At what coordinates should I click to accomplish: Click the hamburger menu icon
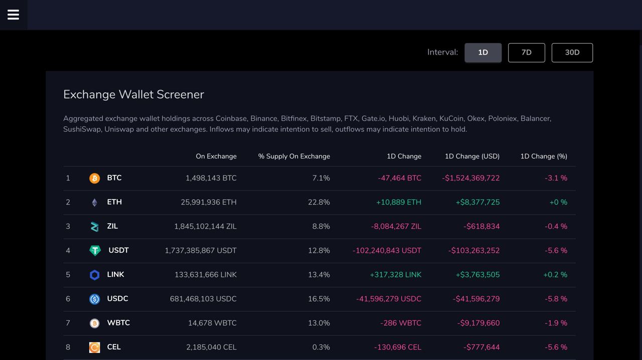[14, 15]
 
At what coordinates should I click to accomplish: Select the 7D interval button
[526, 53]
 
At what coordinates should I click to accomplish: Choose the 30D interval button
[572, 53]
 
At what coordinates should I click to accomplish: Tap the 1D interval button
[483, 53]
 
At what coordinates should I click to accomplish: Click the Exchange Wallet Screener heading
[133, 95]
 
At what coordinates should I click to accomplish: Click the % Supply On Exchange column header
[294, 156]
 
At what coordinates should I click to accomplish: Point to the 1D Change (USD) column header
[472, 156]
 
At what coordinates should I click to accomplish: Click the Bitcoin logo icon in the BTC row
[94, 178]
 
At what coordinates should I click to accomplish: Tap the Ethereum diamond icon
[94, 203]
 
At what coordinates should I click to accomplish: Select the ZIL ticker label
[112, 226]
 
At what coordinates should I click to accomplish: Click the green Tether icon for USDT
[95, 251]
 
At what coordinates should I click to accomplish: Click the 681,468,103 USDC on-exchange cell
[203, 299]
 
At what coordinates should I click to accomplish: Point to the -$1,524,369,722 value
[470, 178]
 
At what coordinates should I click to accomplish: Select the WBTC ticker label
[118, 323]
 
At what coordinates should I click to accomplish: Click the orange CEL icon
[94, 347]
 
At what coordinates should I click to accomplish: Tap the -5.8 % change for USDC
[556, 299]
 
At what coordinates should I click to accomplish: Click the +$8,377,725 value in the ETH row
[477, 202]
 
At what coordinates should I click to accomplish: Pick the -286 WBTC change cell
[401, 323]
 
